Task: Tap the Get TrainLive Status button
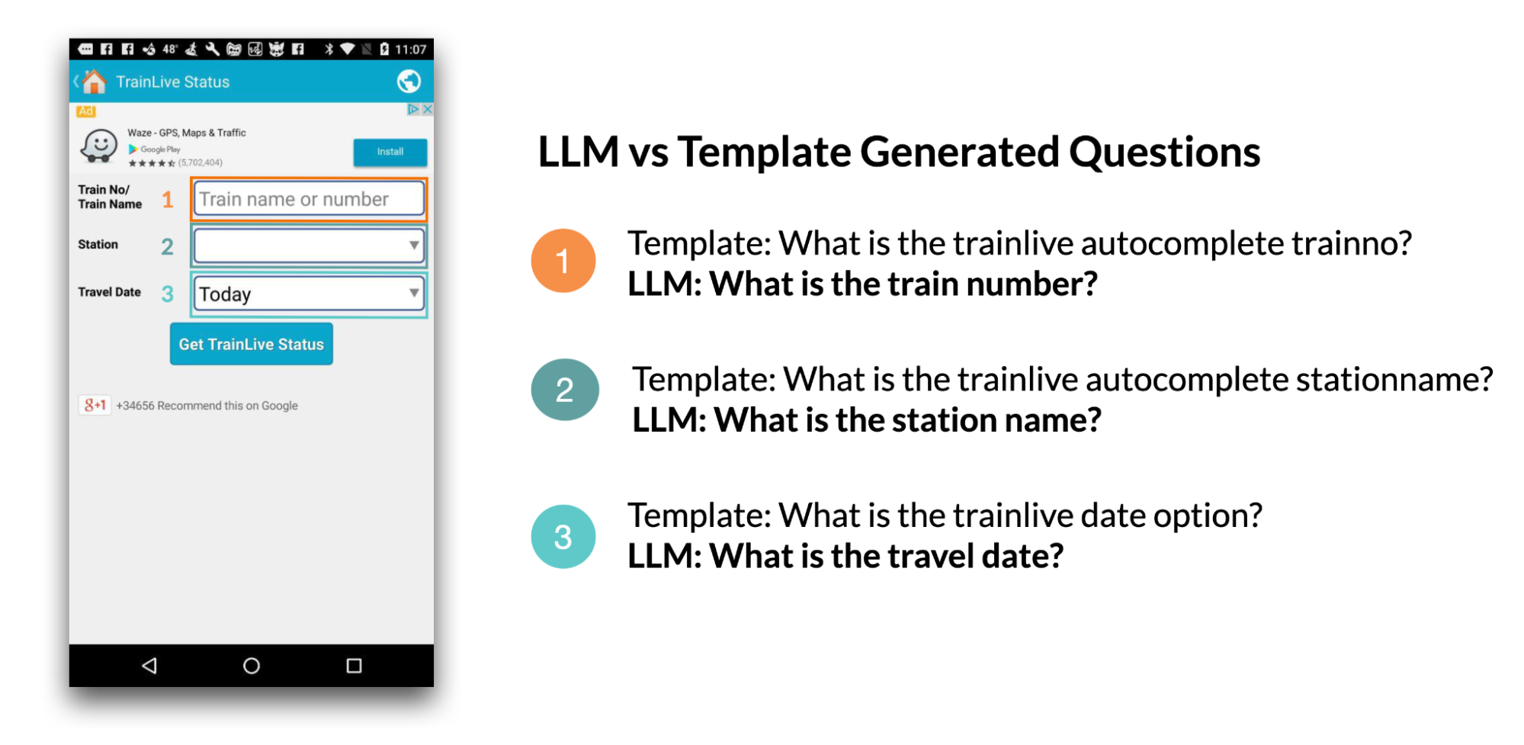pos(251,344)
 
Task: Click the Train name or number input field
pos(309,199)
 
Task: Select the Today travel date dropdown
pos(309,294)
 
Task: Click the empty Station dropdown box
pos(309,246)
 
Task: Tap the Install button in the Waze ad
pos(390,152)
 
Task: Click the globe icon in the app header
pos(409,81)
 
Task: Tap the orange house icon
pos(95,81)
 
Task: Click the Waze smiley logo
pos(99,146)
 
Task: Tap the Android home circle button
pos(251,666)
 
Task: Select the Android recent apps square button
pos(354,666)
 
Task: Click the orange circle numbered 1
pos(563,261)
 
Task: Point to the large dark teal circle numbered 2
pos(564,390)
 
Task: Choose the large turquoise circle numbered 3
pos(563,537)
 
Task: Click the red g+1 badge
pos(95,405)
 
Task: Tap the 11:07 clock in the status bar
pos(410,50)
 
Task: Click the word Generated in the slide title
pos(960,153)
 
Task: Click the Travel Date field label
pos(109,292)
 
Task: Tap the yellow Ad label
pos(85,111)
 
